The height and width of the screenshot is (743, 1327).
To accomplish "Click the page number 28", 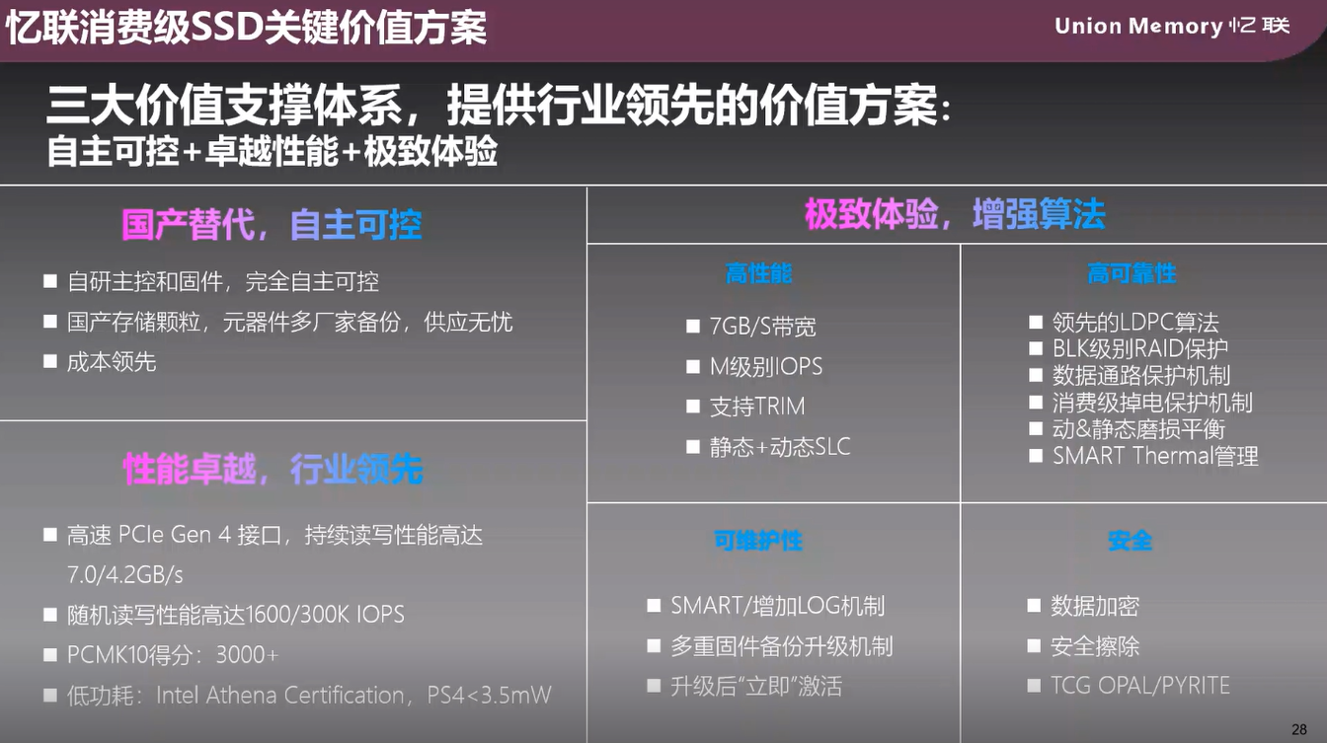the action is [1299, 729].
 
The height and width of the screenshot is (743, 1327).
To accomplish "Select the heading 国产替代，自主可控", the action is [272, 225].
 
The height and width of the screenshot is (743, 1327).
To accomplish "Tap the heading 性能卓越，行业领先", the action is [273, 470].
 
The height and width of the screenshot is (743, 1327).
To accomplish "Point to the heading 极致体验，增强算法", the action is [955, 214].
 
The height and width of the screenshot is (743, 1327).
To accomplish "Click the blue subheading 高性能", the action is [759, 273].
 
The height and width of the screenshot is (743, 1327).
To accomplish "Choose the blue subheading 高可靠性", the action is [1132, 273].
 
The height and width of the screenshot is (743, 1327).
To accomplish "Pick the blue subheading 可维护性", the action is [758, 541].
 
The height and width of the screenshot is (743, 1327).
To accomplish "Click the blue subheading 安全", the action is [1131, 541].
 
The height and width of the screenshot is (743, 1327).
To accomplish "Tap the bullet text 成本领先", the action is [112, 362].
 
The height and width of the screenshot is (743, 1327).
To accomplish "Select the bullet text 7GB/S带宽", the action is [763, 327].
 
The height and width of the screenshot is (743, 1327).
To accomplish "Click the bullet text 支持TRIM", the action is [757, 407].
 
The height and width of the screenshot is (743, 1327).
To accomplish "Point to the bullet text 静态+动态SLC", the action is [780, 446].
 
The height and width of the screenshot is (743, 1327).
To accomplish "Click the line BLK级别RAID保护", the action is [1140, 348].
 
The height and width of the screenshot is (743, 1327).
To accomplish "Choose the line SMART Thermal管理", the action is [1155, 456].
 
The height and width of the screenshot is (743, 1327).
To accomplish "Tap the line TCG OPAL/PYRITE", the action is [1140, 686].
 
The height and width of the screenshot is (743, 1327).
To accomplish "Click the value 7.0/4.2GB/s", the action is [125, 574].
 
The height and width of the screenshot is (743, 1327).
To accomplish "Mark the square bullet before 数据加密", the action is [1034, 606].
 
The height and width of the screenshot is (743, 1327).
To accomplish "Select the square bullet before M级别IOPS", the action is [692, 366].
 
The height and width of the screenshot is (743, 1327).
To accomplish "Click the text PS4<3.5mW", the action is [489, 695].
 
